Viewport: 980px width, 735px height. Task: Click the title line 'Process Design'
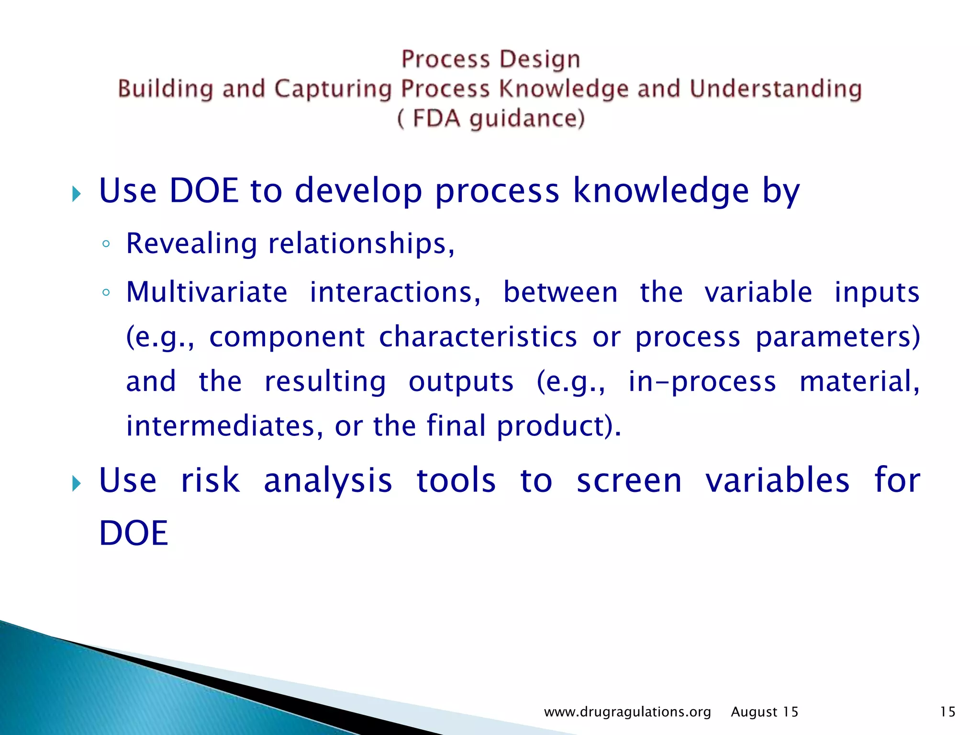point(490,59)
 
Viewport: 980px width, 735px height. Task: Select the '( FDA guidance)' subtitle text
point(490,118)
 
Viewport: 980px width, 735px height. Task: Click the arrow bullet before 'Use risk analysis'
point(77,484)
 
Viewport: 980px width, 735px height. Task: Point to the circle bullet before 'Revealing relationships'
point(106,245)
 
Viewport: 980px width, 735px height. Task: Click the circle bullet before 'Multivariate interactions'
point(106,293)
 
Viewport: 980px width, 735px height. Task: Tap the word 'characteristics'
point(478,336)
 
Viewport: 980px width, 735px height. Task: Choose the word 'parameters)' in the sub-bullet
point(837,337)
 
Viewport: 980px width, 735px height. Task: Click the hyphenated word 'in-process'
point(702,382)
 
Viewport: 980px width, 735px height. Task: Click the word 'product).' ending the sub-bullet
point(559,426)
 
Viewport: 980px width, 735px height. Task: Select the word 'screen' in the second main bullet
point(629,480)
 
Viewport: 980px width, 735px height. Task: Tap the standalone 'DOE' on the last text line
point(134,533)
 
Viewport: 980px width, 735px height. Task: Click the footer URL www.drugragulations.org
point(627,712)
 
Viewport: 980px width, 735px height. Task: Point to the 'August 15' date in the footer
point(764,712)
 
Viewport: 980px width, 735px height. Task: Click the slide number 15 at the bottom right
point(947,712)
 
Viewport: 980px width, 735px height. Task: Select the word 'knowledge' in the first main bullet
point(661,191)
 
